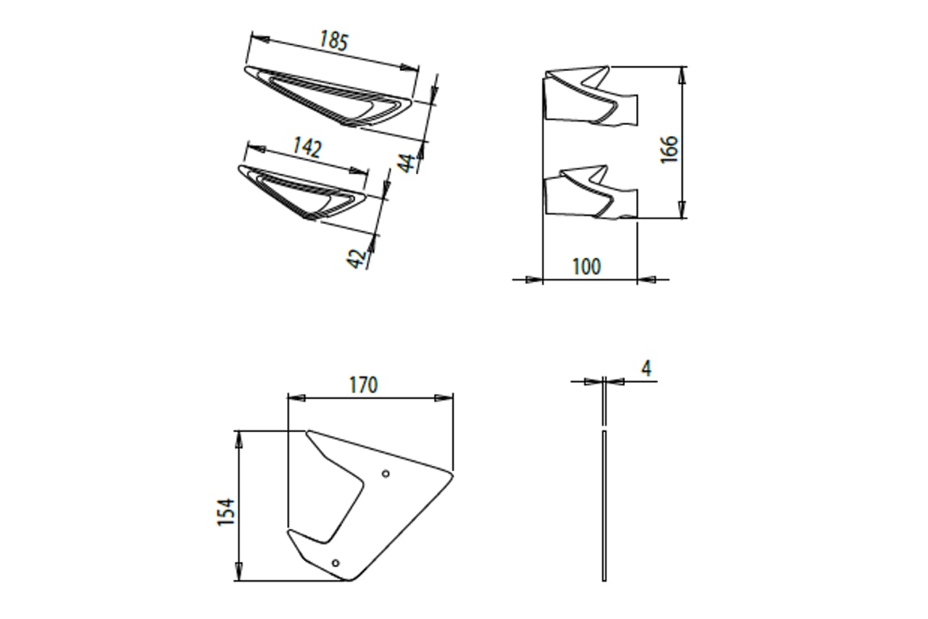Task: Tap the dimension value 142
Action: [x=308, y=147]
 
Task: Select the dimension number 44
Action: [x=408, y=161]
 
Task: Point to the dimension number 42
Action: [x=356, y=258]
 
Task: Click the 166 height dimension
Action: [x=668, y=149]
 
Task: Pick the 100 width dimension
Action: [x=586, y=266]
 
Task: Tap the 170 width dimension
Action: [x=363, y=385]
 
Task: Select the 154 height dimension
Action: [x=226, y=512]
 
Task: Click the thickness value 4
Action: [x=647, y=368]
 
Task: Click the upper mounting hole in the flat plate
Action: [x=386, y=473]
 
